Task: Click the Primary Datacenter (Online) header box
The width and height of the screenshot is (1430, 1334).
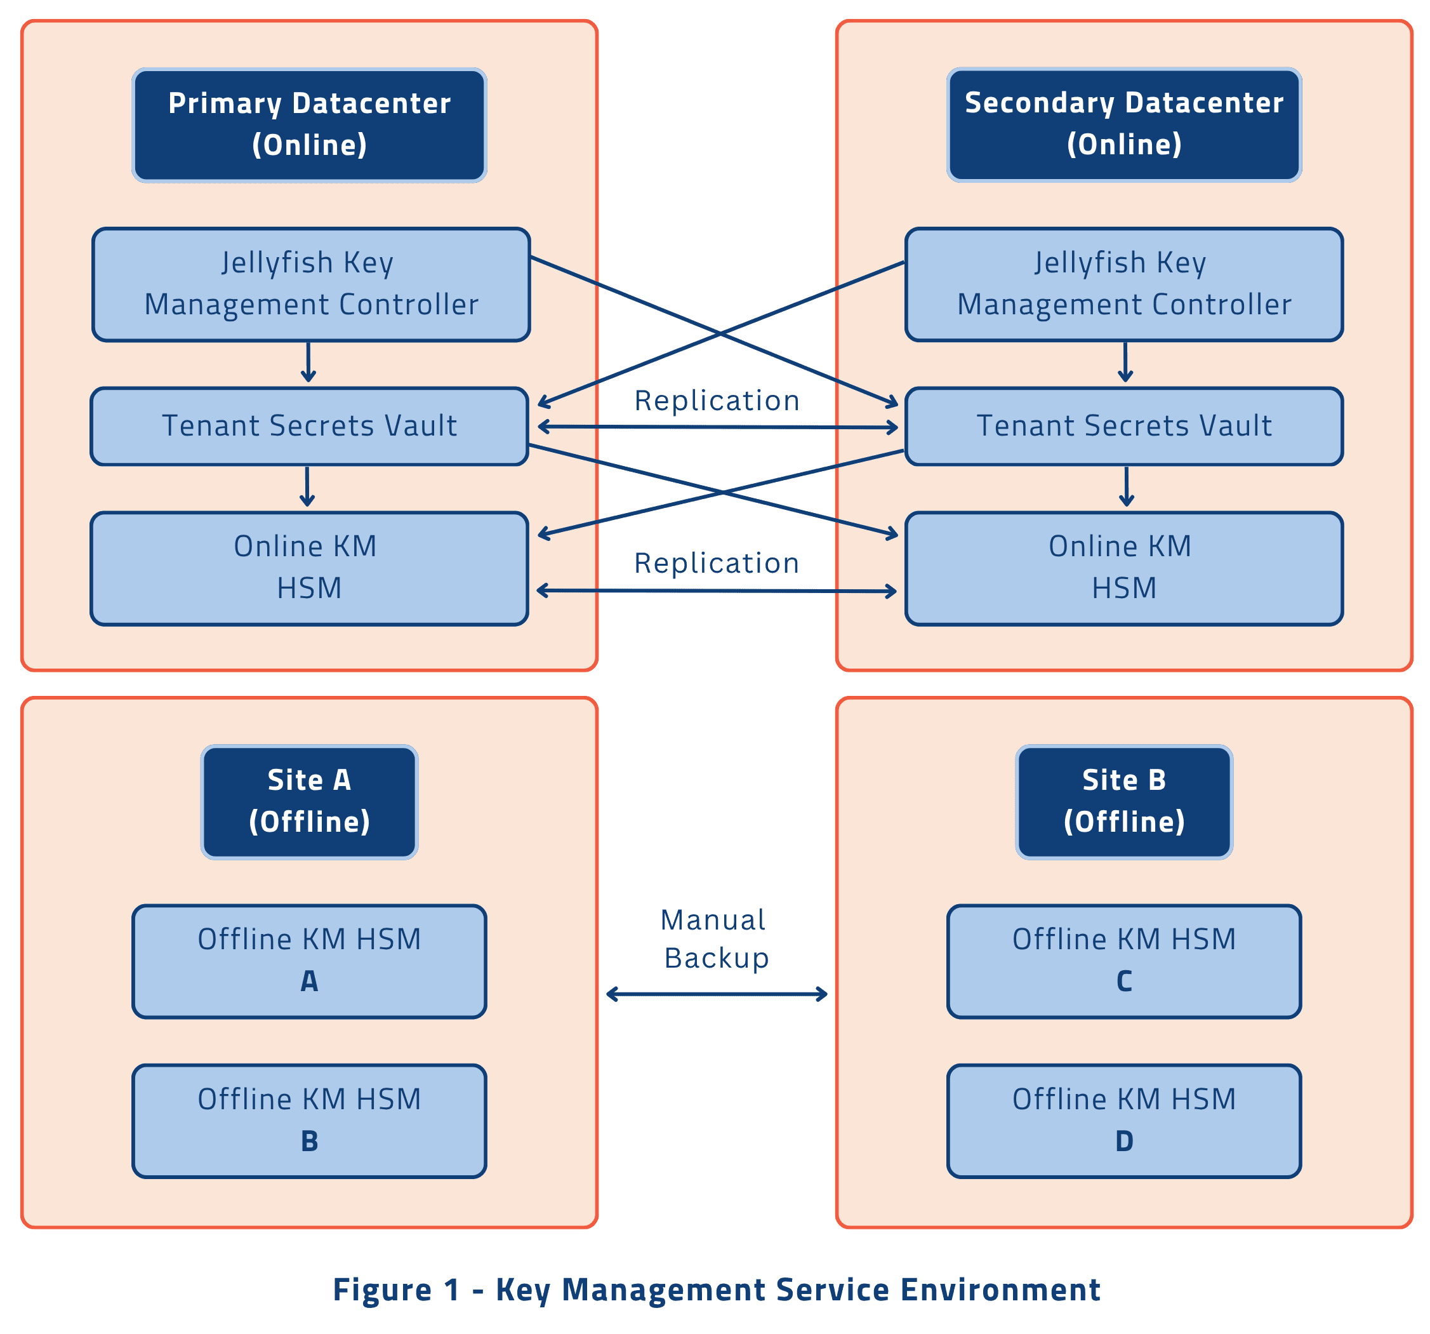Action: click(x=309, y=124)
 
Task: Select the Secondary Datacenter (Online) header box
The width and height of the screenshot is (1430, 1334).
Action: click(x=1123, y=124)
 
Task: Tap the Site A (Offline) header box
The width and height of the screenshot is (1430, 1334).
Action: click(x=309, y=801)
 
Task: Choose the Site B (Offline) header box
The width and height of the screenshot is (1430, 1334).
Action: click(x=1123, y=801)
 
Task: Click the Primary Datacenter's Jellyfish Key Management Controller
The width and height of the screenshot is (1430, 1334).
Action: click(x=311, y=284)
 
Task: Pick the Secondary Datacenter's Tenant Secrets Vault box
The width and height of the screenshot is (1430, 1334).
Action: click(x=1123, y=426)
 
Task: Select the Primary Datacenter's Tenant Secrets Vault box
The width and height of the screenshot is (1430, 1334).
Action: click(x=309, y=426)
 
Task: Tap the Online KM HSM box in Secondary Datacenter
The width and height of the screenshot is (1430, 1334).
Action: click(x=1123, y=568)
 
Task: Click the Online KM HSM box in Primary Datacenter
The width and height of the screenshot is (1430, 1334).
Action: click(x=309, y=568)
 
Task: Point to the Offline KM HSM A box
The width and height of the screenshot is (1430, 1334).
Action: click(x=309, y=961)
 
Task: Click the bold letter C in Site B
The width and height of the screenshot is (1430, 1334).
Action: click(x=1123, y=982)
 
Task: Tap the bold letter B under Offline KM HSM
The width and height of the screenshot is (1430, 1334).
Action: click(x=309, y=1141)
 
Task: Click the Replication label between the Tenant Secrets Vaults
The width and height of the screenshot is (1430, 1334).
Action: click(x=717, y=401)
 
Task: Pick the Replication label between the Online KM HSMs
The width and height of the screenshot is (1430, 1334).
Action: click(x=717, y=563)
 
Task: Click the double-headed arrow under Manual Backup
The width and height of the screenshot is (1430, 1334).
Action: click(x=717, y=994)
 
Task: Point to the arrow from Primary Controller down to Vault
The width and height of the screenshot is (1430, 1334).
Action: click(x=308, y=362)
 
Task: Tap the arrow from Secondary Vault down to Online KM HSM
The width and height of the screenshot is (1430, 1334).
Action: click(x=1127, y=486)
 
